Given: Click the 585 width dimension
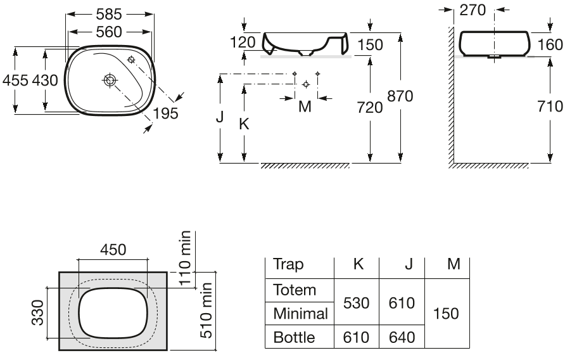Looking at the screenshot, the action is pyautogui.click(x=109, y=15).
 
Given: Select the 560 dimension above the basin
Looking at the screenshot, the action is pyautogui.click(x=109, y=32).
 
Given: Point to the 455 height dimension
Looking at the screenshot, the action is pyautogui.click(x=15, y=80).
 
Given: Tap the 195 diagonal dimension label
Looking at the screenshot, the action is pyautogui.click(x=166, y=113).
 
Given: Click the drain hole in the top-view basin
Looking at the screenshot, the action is pyautogui.click(x=109, y=80).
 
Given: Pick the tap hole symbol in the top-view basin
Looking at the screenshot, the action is pyautogui.click(x=131, y=59).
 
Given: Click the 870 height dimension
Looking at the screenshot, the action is pyautogui.click(x=400, y=96).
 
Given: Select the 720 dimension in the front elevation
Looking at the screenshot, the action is pyautogui.click(x=370, y=108).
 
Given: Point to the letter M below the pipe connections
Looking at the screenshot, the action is pyautogui.click(x=305, y=106).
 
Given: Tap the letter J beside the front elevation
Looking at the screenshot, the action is pyautogui.click(x=220, y=117).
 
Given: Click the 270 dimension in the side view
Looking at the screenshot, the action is pyautogui.click(x=473, y=10).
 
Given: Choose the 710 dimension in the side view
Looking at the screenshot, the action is pyautogui.click(x=550, y=106).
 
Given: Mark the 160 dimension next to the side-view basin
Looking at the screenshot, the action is pyautogui.click(x=550, y=45).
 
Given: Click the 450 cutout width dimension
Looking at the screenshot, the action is pyautogui.click(x=113, y=250).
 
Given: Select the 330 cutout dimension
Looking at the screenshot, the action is pyautogui.click(x=37, y=312).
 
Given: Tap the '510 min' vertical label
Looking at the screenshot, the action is pyautogui.click(x=206, y=310).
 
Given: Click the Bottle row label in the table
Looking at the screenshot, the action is pyautogui.click(x=294, y=337).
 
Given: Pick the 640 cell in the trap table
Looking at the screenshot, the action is pyautogui.click(x=402, y=337).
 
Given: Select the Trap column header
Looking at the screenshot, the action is pyautogui.click(x=288, y=265).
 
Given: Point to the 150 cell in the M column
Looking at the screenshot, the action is pyautogui.click(x=446, y=314).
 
